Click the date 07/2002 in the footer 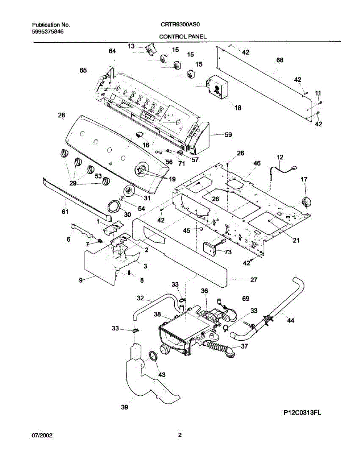[x=41, y=436]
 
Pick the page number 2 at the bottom [x=179, y=435]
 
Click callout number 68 [x=280, y=60]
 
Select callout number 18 [x=238, y=108]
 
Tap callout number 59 [x=228, y=135]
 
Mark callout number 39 [x=124, y=407]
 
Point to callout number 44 [x=291, y=321]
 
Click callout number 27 [x=254, y=280]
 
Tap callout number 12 [x=280, y=157]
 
